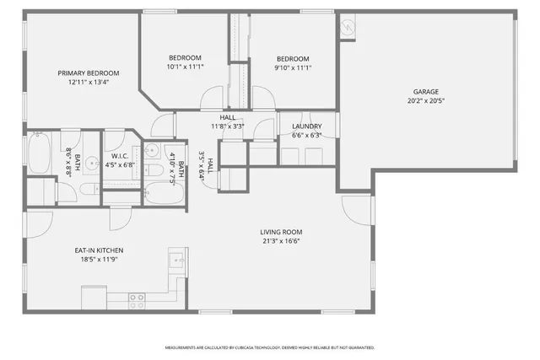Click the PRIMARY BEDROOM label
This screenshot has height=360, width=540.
[x=88, y=73]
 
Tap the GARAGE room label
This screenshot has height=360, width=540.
[x=425, y=91]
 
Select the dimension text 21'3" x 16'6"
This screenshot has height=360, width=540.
[x=281, y=241]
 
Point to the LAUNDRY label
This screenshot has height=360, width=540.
[x=306, y=126]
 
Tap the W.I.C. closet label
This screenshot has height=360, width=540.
[x=120, y=156]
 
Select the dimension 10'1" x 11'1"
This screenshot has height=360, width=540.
[x=185, y=67]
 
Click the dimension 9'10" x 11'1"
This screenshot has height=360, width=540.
[x=294, y=67]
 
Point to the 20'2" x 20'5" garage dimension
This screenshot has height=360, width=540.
[x=425, y=100]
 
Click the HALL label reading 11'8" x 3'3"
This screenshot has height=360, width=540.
[x=228, y=122]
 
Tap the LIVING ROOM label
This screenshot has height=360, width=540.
[x=281, y=232]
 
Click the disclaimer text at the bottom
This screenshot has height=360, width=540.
[x=269, y=347]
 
